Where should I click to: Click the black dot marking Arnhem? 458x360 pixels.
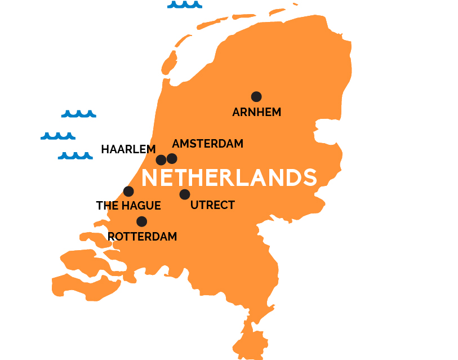pos(256,96)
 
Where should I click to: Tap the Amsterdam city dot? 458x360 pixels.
pos(172,158)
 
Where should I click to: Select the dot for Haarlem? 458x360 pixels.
pos(161,159)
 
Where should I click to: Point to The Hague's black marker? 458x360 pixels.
pos(128,191)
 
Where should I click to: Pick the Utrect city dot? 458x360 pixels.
pos(185,194)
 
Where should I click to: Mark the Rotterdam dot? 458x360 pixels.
pos(141,221)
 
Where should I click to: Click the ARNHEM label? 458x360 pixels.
pos(256,112)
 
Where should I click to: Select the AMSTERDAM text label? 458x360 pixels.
pos(207,144)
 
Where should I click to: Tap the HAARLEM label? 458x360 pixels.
pos(128,149)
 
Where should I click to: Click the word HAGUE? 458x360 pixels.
pos(141,206)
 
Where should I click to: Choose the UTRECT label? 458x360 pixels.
pos(212,205)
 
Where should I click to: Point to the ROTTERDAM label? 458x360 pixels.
pos(142,237)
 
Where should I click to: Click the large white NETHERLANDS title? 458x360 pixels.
pos(229,177)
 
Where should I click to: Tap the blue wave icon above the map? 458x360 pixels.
pos(184,5)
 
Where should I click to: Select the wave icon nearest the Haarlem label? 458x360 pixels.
pos(75,155)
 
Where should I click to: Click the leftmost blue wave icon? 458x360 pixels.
pos(57,136)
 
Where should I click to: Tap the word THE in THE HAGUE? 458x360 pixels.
pos(107,206)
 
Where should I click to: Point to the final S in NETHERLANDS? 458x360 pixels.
pos(309,177)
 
